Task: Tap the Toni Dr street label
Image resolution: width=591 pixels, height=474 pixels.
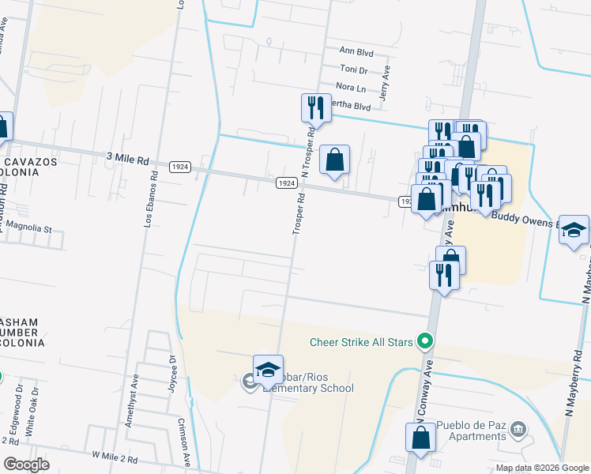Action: pyautogui.click(x=353, y=70)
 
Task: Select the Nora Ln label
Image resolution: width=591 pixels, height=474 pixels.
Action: pyautogui.click(x=351, y=88)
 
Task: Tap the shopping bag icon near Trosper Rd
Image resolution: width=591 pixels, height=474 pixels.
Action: pyautogui.click(x=335, y=160)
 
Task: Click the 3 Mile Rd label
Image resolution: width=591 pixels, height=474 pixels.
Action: pyautogui.click(x=127, y=160)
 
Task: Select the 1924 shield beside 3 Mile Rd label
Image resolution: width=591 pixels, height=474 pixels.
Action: pyautogui.click(x=179, y=166)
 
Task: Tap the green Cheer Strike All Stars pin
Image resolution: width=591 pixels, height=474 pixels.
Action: pyautogui.click(x=426, y=342)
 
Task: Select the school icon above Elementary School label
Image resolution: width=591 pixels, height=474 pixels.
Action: pyautogui.click(x=268, y=370)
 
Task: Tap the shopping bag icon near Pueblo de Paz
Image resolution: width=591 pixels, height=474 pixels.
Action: pyautogui.click(x=421, y=438)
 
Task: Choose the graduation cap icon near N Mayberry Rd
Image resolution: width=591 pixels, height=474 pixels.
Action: pyautogui.click(x=574, y=230)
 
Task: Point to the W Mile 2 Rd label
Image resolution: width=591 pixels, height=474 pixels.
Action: pyautogui.click(x=115, y=458)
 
